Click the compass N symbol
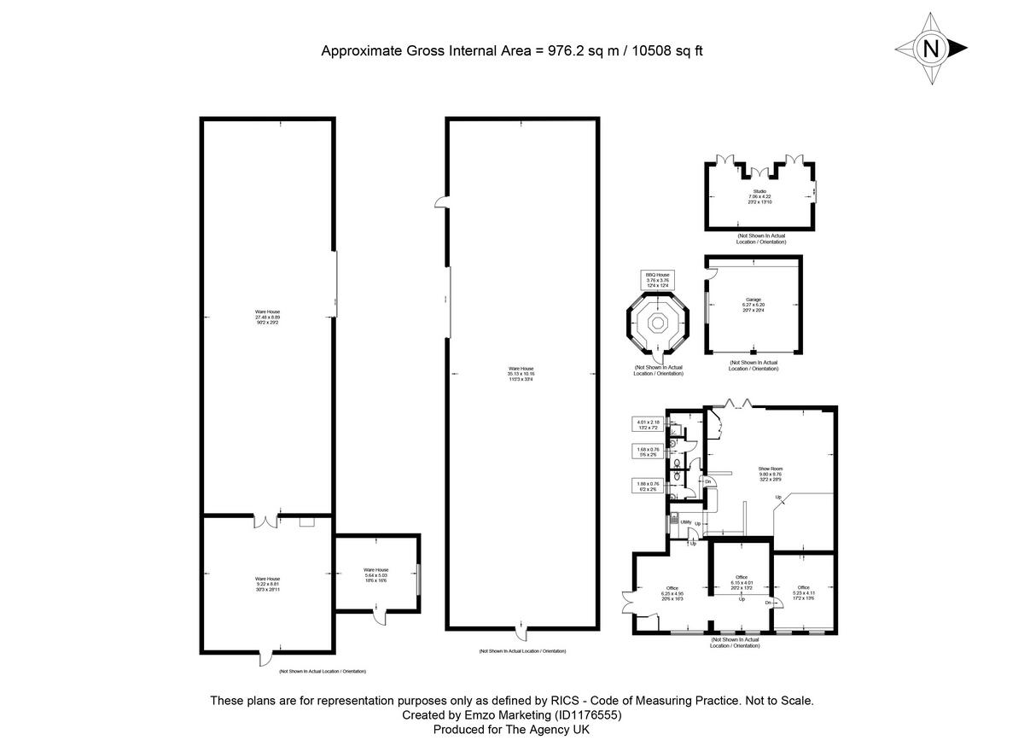coord(931,49)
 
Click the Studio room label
coord(759,196)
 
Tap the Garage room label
coord(753,305)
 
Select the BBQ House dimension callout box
coord(657,279)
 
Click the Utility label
coord(685,521)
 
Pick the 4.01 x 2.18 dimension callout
coord(648,425)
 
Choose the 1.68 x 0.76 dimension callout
coord(648,452)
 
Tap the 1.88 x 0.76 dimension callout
coord(648,487)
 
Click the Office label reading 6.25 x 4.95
coord(673,593)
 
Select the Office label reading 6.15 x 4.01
coord(742,583)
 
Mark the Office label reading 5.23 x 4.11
coord(803,592)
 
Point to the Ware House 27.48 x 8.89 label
coord(267,317)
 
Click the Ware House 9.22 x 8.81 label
coord(267,584)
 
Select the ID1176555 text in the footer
coord(585,715)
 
